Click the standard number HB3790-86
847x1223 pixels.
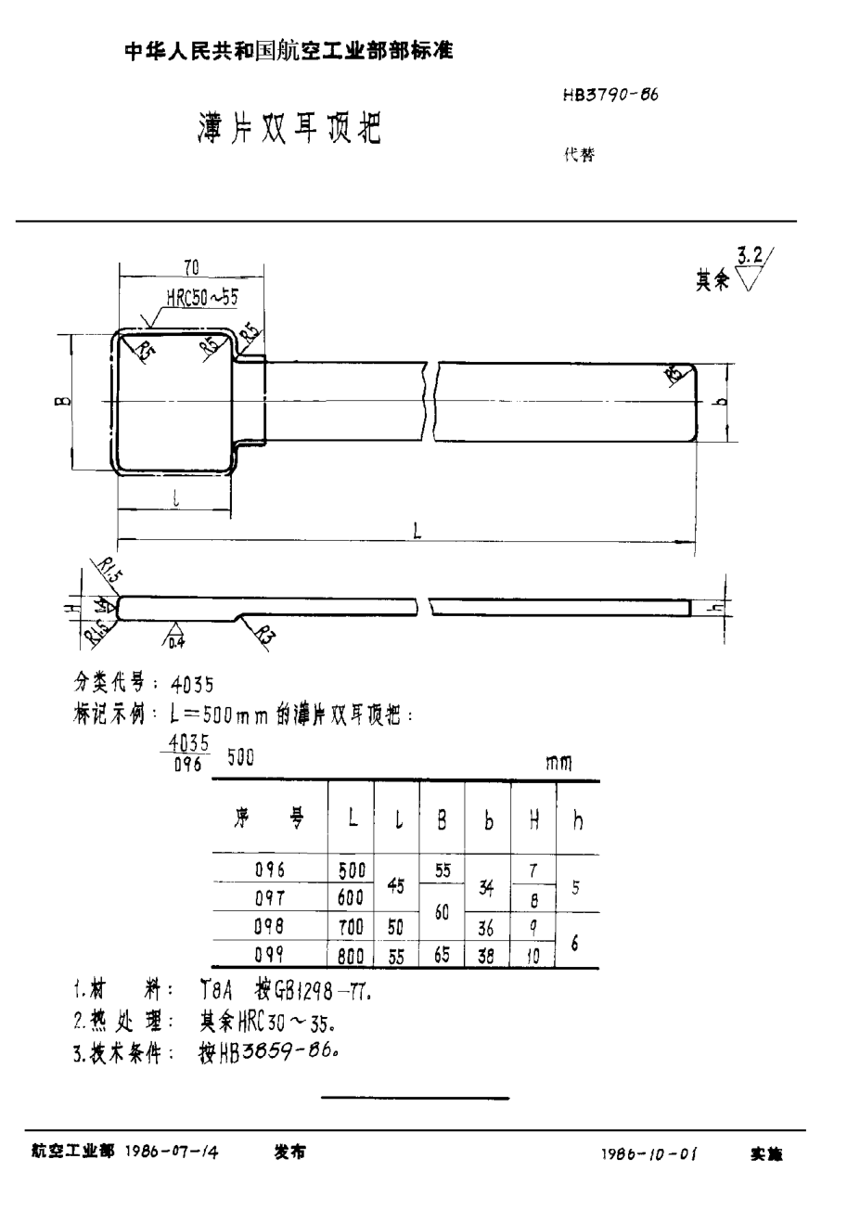pos(610,96)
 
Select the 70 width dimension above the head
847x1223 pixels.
pos(192,269)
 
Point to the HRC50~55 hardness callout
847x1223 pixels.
pos(202,298)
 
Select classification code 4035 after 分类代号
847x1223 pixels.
pos(192,685)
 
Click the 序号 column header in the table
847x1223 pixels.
pos(268,817)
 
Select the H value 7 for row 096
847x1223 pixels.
pos(533,870)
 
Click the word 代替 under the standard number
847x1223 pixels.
pos(579,156)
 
